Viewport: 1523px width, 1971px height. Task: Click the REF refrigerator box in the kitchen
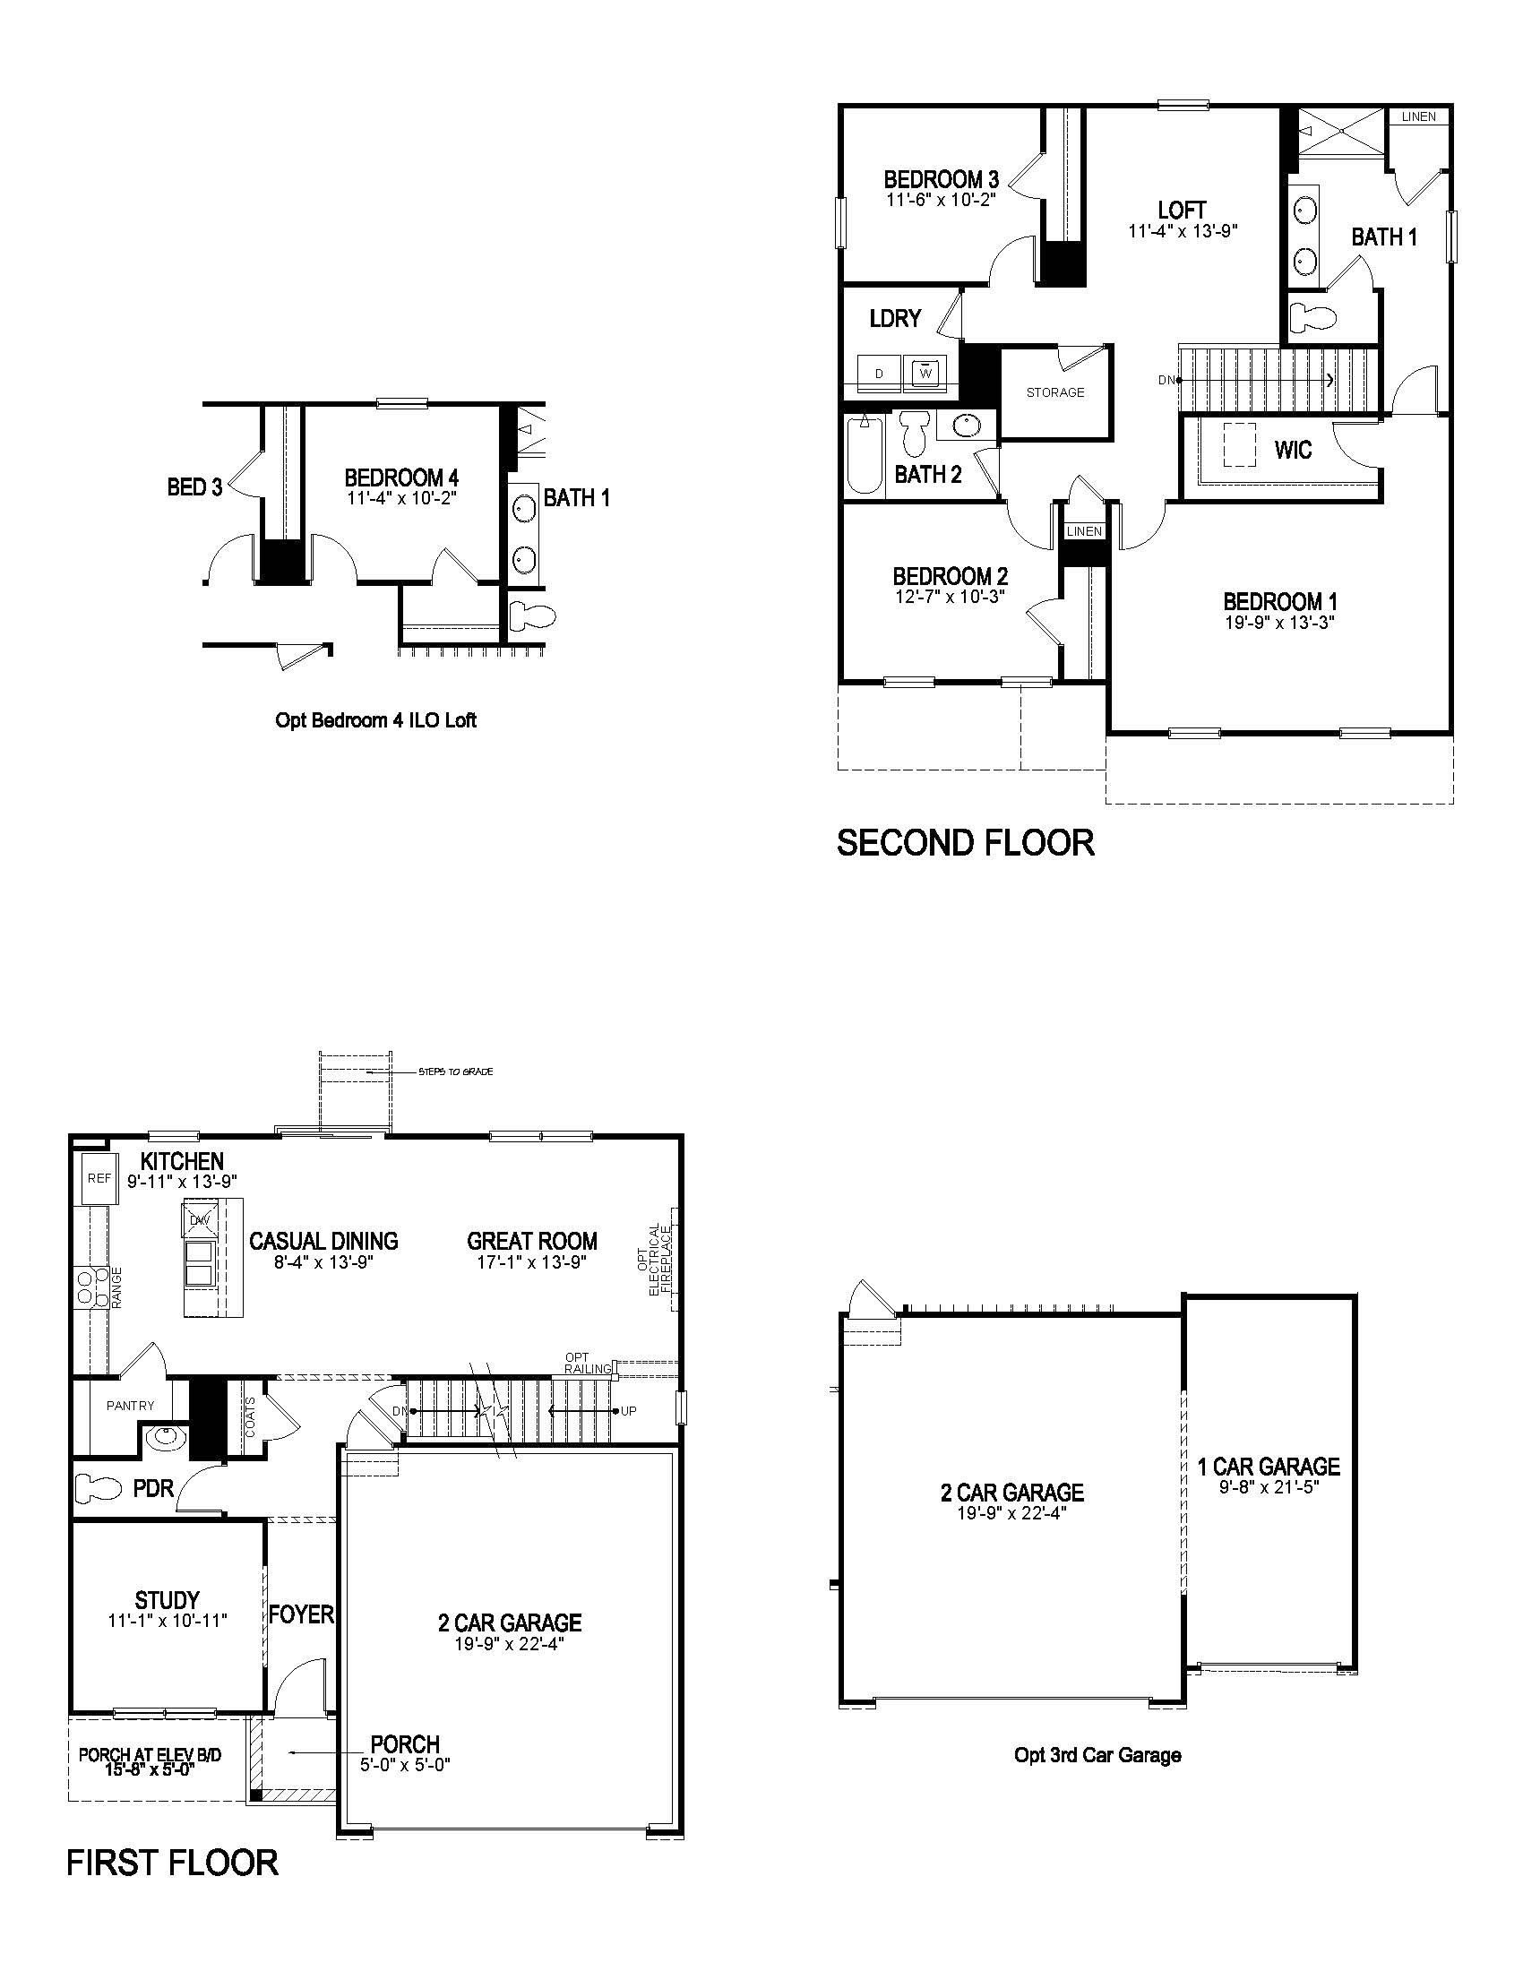click(99, 1178)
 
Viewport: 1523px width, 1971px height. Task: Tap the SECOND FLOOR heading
click(966, 842)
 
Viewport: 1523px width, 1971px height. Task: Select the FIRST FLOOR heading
click(172, 1863)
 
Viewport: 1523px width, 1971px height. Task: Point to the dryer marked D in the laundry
click(879, 374)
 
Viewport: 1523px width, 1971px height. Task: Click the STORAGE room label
click(1054, 392)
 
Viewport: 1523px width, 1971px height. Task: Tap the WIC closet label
click(1293, 450)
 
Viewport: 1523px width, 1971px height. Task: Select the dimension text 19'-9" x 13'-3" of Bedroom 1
click(1278, 623)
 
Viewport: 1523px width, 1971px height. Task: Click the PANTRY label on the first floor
click(130, 1405)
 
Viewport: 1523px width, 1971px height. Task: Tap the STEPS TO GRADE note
click(456, 1072)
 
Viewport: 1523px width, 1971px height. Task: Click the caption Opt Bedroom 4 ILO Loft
click(375, 720)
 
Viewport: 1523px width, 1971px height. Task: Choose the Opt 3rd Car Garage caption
click(1097, 1755)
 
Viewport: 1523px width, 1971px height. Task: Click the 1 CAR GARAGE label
click(1269, 1467)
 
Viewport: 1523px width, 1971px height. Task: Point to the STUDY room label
click(167, 1600)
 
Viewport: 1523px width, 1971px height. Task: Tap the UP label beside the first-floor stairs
click(629, 1410)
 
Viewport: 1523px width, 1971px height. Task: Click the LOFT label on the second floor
click(1182, 211)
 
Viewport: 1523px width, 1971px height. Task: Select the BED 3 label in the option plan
click(194, 487)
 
